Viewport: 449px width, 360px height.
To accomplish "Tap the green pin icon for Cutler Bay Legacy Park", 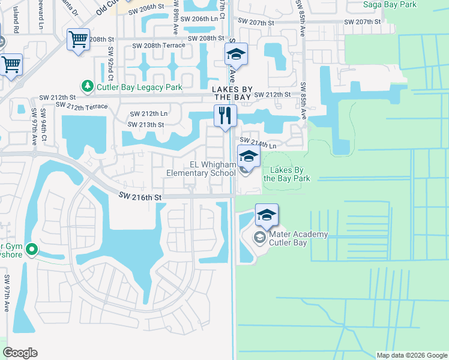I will [88, 87].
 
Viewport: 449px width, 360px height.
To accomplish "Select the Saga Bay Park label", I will [390, 4].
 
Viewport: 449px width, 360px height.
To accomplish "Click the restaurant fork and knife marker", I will [226, 115].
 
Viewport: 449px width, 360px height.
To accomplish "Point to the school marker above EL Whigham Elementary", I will [249, 157].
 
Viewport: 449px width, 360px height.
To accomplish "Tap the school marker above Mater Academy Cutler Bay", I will [267, 215].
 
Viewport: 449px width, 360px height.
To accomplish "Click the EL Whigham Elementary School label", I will [201, 169].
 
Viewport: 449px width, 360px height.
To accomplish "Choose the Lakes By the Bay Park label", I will [286, 174].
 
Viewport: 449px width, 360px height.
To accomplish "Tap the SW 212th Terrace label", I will [82, 106].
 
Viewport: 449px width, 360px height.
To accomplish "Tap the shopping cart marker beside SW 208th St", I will [78, 40].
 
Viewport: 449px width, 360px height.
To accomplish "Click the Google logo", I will [20, 353].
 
